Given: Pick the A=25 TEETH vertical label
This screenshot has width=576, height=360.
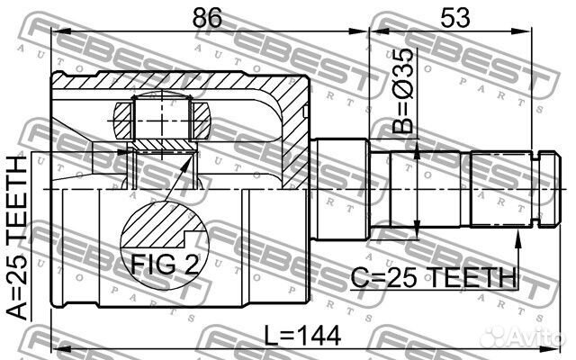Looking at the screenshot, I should [17, 238].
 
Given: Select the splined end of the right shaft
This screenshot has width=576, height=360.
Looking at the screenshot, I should [499, 190].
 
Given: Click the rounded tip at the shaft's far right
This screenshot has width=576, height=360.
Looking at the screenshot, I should [543, 190].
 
